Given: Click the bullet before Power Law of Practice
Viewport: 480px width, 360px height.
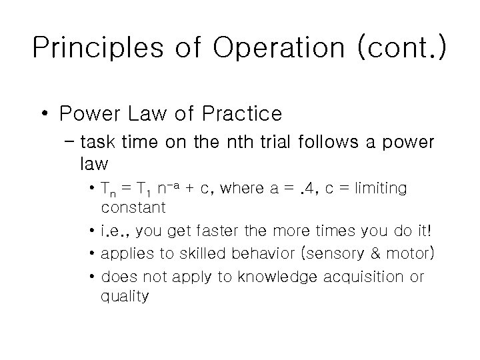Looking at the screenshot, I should pos(43,114).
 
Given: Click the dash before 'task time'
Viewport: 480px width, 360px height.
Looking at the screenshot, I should pos(71,143).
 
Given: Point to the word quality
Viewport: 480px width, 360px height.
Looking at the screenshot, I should pos(124,297).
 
